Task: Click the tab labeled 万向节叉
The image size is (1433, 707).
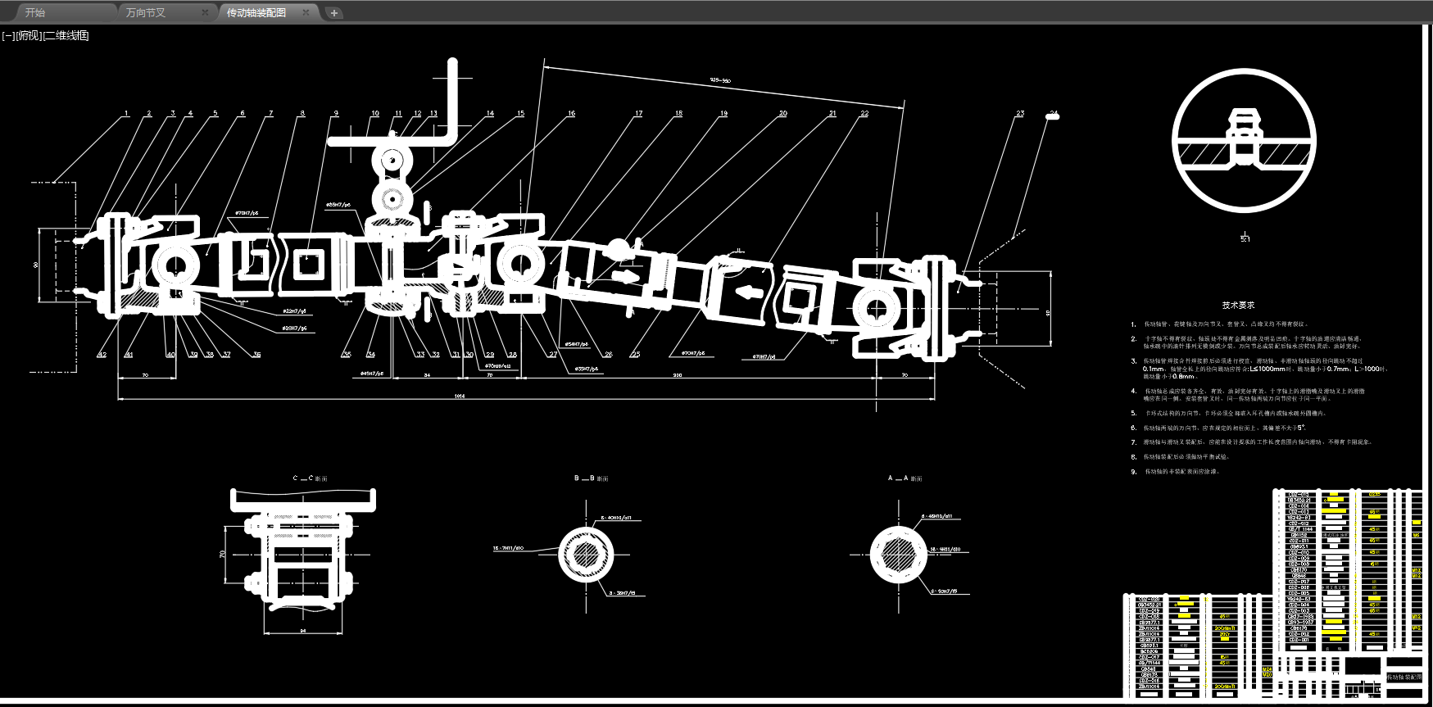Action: (x=146, y=12)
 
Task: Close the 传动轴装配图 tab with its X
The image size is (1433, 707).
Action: (x=306, y=12)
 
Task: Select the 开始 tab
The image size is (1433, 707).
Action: (x=35, y=12)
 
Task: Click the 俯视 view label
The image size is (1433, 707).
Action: (x=29, y=35)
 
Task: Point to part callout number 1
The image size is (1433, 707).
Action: (x=126, y=113)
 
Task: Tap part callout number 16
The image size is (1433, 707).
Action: (x=571, y=113)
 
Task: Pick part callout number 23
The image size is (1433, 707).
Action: (x=1020, y=113)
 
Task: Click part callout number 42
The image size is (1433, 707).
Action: (x=102, y=355)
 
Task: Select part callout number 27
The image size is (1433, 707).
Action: (x=553, y=355)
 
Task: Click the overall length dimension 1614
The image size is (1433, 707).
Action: (x=460, y=397)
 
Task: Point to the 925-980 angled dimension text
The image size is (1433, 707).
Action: (x=720, y=80)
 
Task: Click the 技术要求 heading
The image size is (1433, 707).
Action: (x=1238, y=305)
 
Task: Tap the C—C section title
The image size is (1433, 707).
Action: (x=310, y=478)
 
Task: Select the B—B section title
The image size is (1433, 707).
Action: (x=591, y=478)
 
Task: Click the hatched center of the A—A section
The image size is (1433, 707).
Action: (x=898, y=555)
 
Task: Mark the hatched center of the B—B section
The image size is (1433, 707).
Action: (x=586, y=555)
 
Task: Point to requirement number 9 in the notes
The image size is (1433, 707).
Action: (x=1134, y=472)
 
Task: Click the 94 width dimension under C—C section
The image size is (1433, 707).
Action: (x=303, y=631)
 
